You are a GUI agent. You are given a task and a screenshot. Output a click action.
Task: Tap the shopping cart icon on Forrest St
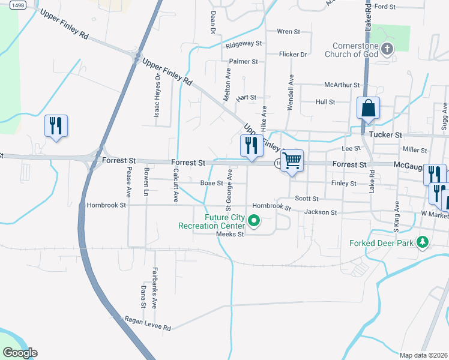point(292,161)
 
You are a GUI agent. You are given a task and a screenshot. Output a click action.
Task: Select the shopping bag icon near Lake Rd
point(368,109)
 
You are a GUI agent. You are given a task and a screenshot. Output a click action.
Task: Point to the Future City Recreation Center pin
point(254,222)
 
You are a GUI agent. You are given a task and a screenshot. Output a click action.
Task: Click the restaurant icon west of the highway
point(56,125)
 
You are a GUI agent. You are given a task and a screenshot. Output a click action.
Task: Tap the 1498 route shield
point(17,5)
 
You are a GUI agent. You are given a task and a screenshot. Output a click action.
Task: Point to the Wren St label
point(288,31)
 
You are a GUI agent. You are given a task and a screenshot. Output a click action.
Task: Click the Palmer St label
point(244,61)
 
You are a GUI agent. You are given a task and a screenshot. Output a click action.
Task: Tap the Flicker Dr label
point(294,54)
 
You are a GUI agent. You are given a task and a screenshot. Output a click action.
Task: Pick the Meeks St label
point(231,235)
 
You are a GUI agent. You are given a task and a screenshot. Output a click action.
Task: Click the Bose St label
point(212,183)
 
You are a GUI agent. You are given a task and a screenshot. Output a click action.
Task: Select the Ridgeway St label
point(244,44)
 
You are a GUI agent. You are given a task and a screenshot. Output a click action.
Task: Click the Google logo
point(20,353)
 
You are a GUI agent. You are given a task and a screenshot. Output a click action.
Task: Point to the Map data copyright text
point(424,355)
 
